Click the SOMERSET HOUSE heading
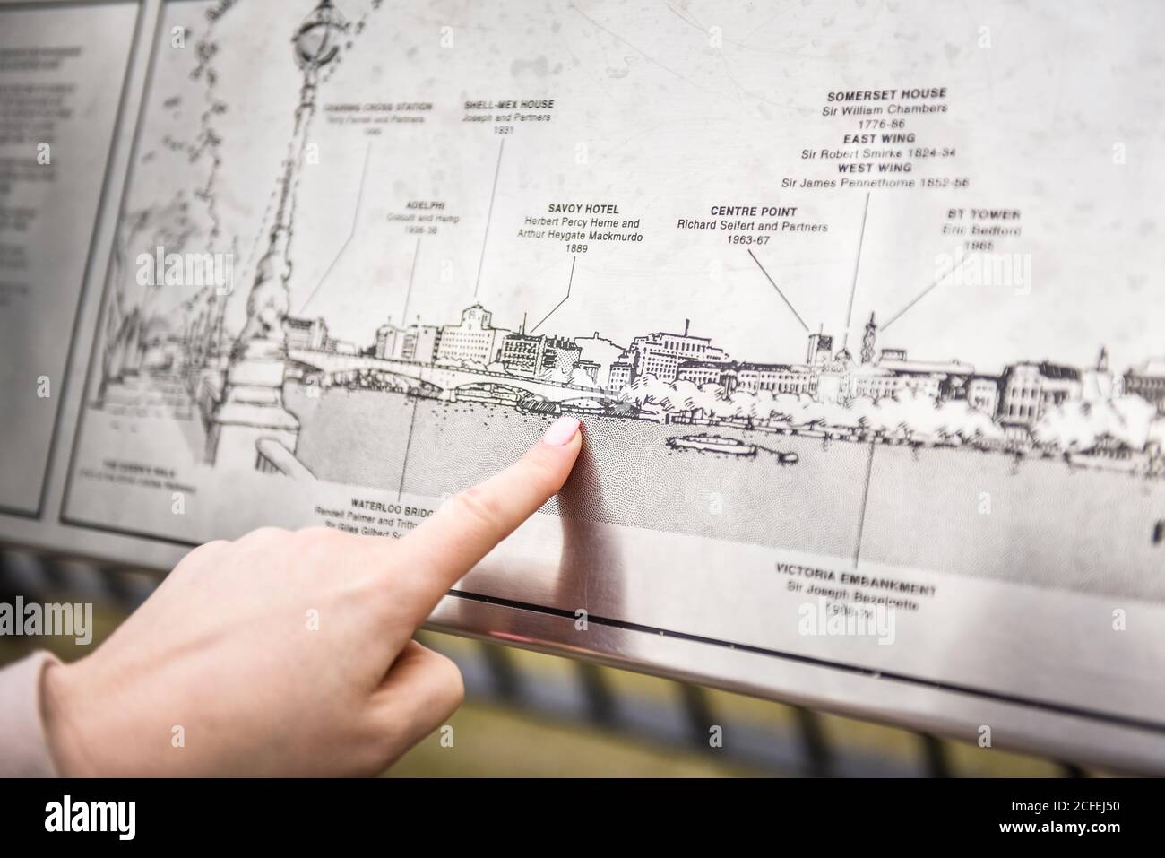pos(885,94)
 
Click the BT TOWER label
pos(983,215)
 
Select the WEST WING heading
pos(874,168)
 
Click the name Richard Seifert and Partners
pos(752,227)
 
